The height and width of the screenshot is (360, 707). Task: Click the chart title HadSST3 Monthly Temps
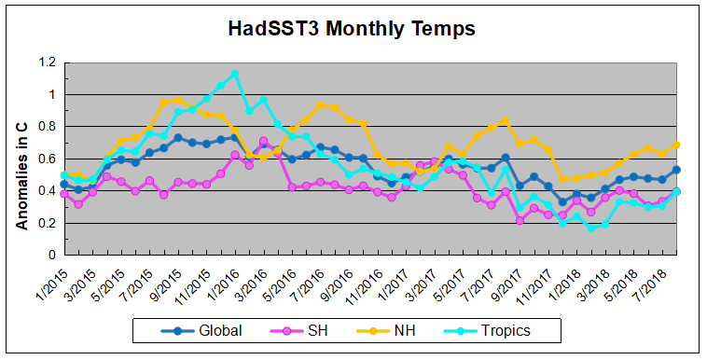(x=352, y=28)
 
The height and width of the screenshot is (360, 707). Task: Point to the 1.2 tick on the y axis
(x=47, y=62)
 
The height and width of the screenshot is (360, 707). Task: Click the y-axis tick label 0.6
(x=47, y=159)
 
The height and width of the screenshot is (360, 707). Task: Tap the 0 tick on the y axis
(x=52, y=255)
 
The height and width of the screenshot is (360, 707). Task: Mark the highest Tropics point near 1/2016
(x=234, y=73)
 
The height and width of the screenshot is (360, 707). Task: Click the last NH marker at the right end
(x=676, y=145)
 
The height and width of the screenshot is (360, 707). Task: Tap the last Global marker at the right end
(x=676, y=170)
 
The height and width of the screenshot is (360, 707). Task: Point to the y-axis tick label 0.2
(x=47, y=223)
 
